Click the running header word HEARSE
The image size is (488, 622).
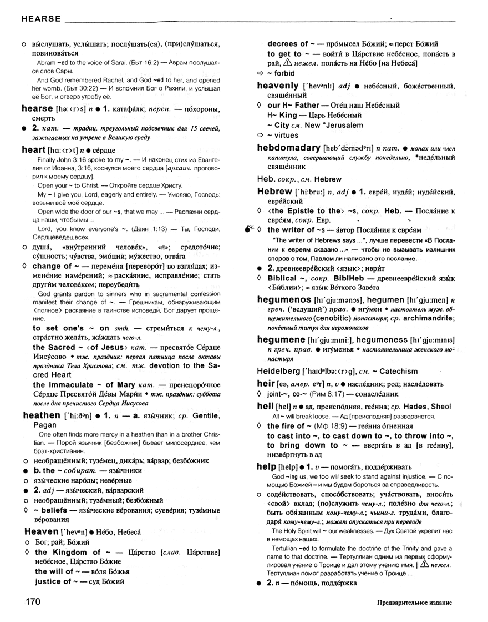pos(41,19)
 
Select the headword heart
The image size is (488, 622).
pos(33,149)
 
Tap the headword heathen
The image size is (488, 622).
pos(41,415)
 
